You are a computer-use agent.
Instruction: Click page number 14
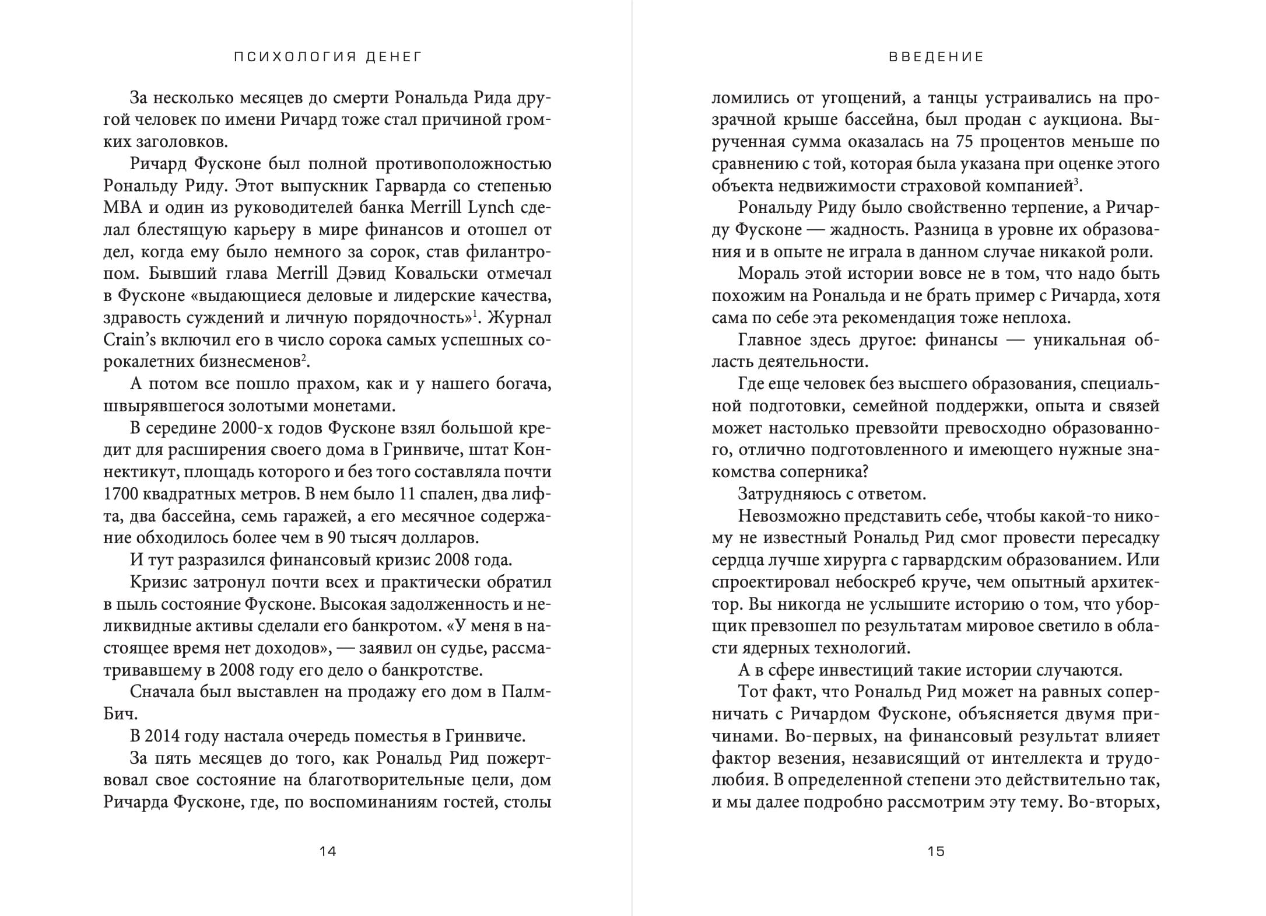[328, 851]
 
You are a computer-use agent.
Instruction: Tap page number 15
[936, 851]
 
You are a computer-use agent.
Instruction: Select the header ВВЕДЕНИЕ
[937, 57]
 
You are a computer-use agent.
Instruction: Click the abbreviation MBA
[120, 208]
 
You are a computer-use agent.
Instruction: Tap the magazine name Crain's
[125, 340]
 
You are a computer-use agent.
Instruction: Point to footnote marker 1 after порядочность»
[475, 314]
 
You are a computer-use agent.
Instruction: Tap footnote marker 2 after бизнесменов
[304, 358]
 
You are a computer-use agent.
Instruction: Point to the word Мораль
[767, 274]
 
